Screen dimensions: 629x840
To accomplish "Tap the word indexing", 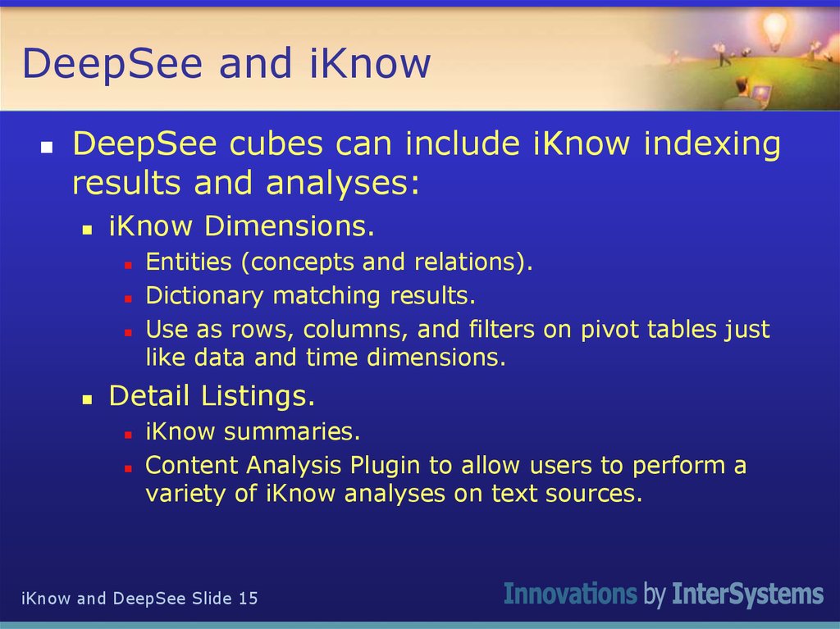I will pyautogui.click(x=711, y=144).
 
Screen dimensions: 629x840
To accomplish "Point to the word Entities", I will pyautogui.click(x=189, y=262).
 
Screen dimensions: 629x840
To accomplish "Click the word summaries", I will pyautogui.click(x=293, y=431).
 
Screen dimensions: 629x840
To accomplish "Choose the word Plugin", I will pyautogui.click(x=386, y=466).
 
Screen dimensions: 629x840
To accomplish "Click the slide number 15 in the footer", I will pyautogui.click(x=248, y=599).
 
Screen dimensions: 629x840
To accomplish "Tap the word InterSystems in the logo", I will pyautogui.click(x=747, y=595).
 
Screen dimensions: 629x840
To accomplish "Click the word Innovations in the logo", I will pyautogui.click(x=570, y=595).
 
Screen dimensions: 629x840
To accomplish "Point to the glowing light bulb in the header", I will pyautogui.click(x=774, y=31).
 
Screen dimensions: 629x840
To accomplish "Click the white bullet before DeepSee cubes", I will pyautogui.click(x=48, y=148).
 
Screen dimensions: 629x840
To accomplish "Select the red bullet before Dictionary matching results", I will pyautogui.click(x=128, y=298).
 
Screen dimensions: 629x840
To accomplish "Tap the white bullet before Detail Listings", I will pyautogui.click(x=87, y=399).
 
